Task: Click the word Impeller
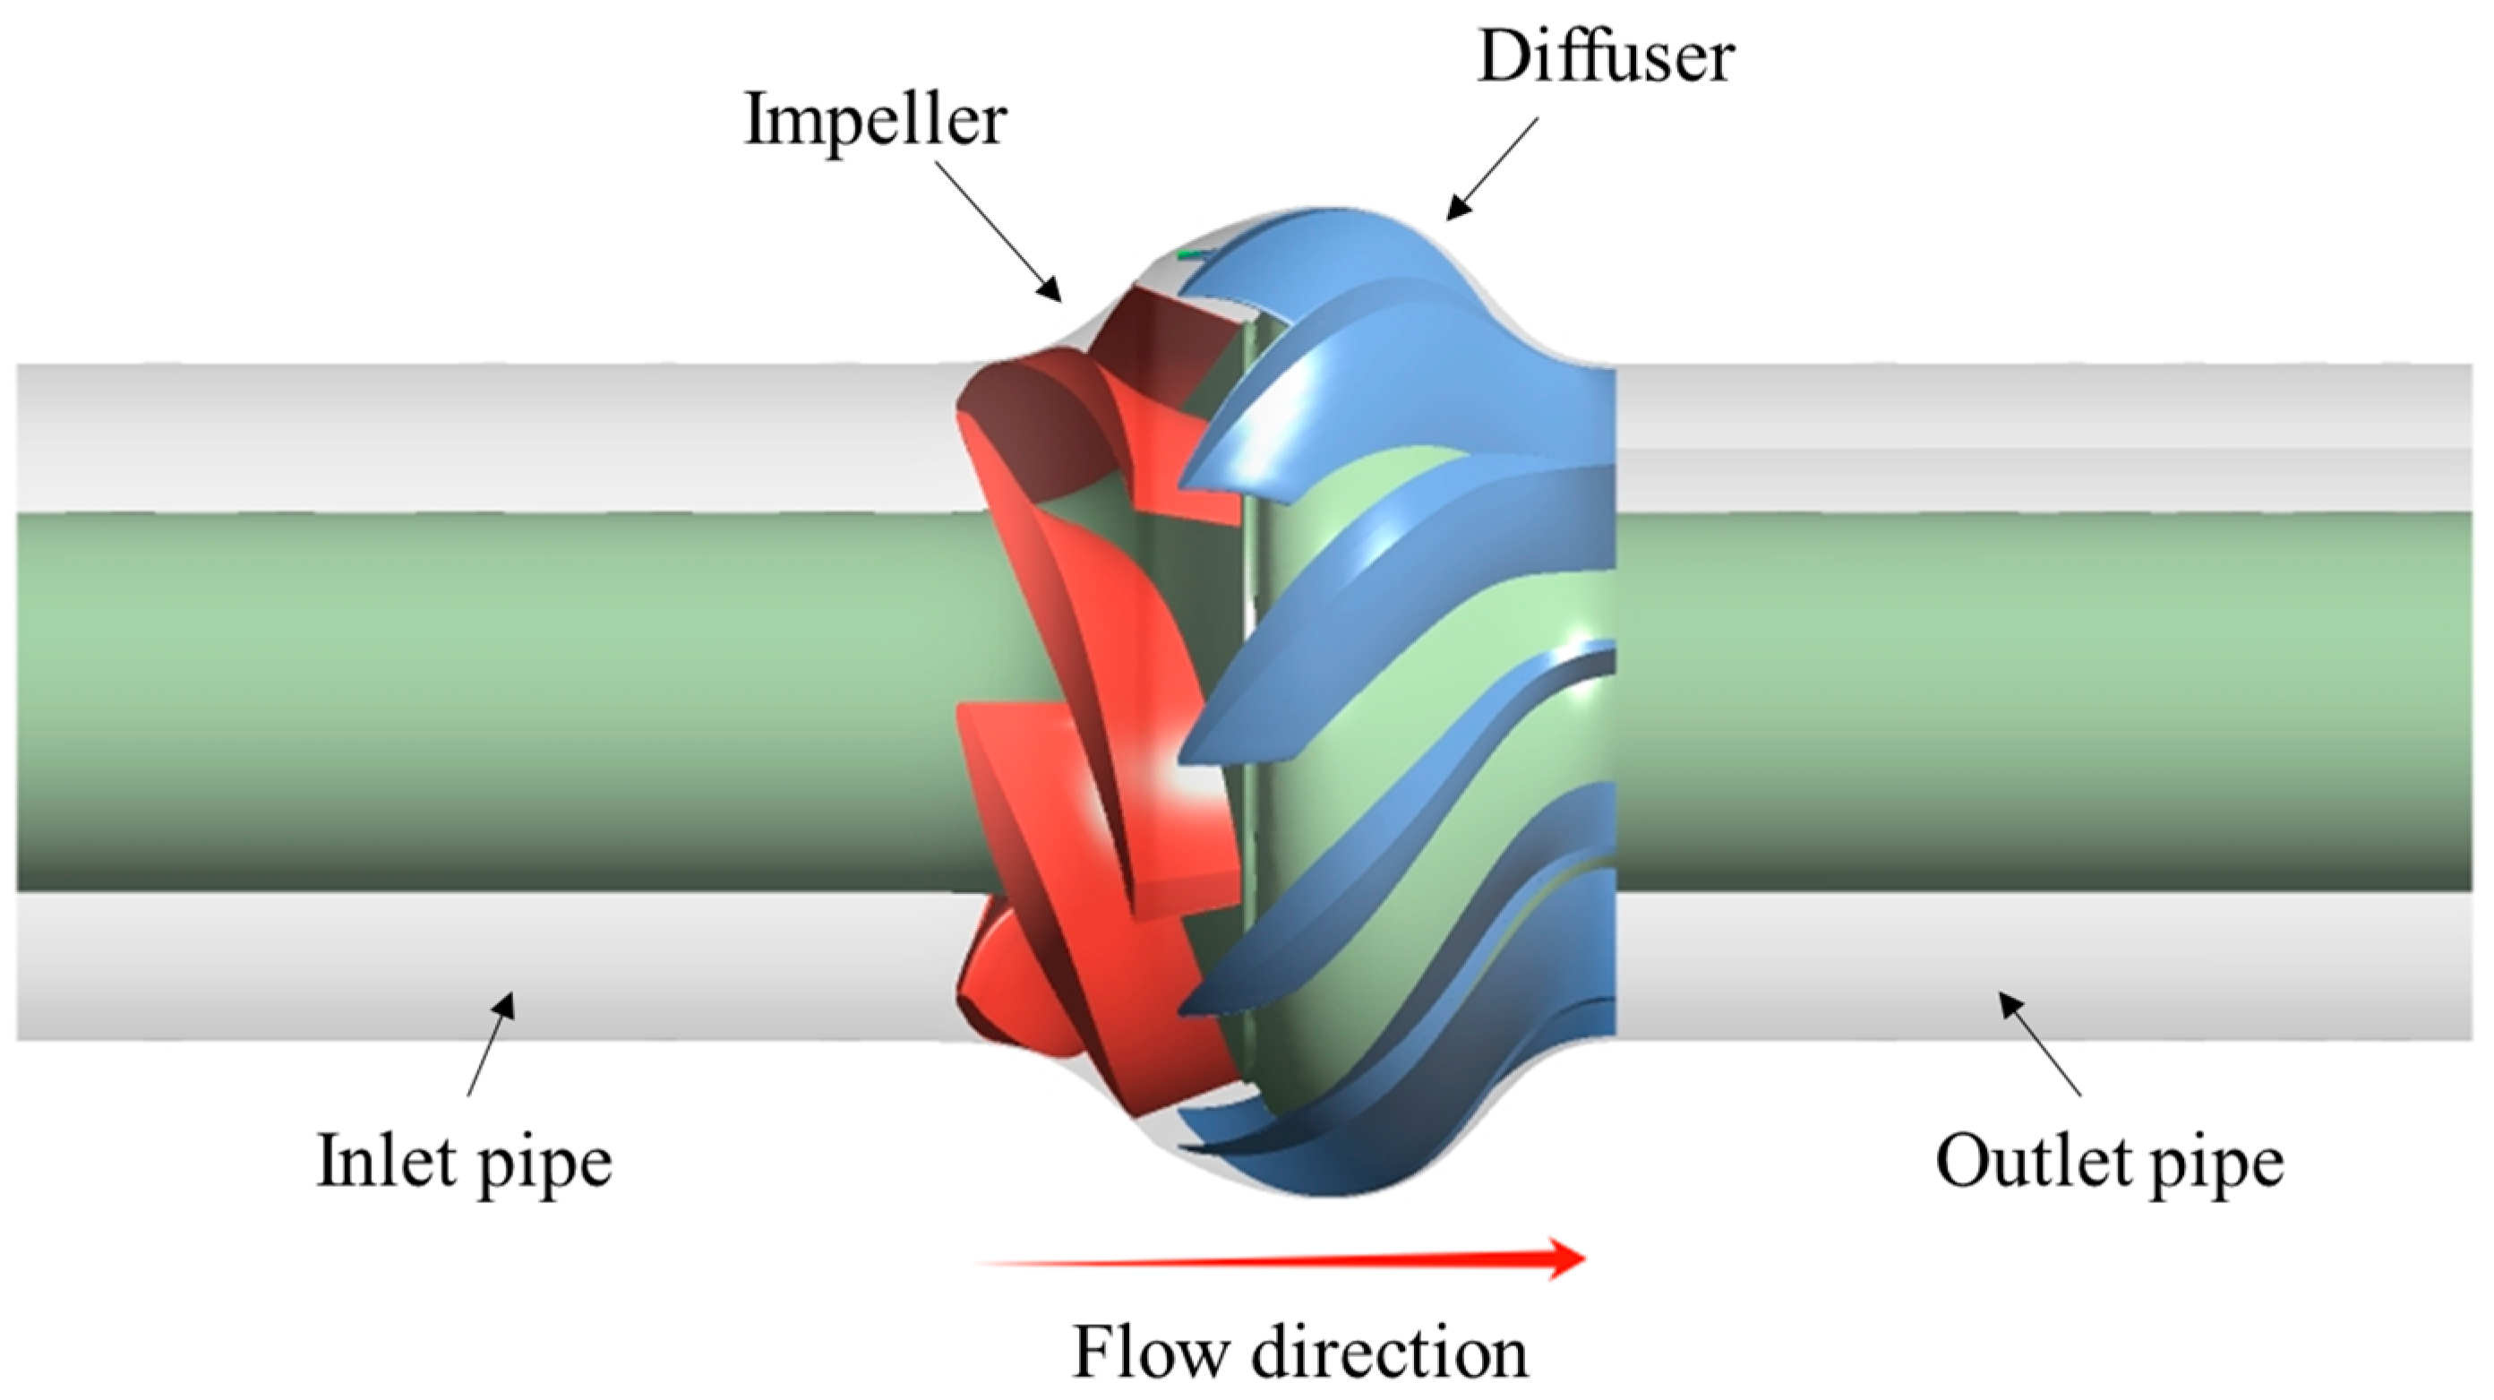pyautogui.click(x=875, y=121)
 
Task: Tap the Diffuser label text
pyautogui.click(x=1606, y=56)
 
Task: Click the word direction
pyautogui.click(x=1391, y=1352)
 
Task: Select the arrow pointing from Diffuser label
pyautogui.click(x=1491, y=170)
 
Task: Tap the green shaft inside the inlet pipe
pyautogui.click(x=484, y=697)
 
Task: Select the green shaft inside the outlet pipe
pyautogui.click(x=2033, y=697)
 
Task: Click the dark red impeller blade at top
pyautogui.click(x=1177, y=339)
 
